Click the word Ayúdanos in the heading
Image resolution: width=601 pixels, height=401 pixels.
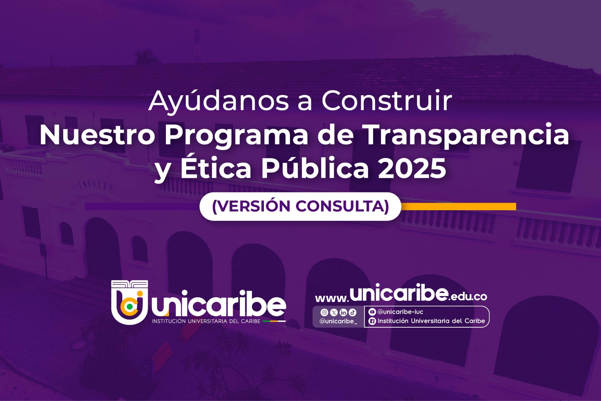(x=218, y=101)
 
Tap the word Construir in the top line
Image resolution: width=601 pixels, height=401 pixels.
(x=387, y=101)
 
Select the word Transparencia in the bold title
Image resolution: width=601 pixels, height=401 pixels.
(x=466, y=135)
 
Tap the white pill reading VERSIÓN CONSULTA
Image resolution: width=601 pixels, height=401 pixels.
(x=300, y=206)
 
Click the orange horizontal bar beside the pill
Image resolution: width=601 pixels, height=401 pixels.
(x=459, y=206)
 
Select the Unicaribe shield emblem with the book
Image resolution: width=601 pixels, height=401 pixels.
(x=130, y=302)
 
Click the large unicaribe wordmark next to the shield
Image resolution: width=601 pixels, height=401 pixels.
(x=219, y=304)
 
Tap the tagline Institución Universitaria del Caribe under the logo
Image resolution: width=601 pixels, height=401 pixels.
(x=206, y=321)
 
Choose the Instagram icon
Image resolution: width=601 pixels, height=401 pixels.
(x=324, y=312)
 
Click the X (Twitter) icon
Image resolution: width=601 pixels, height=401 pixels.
(x=334, y=312)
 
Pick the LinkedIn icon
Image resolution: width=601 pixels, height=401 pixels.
(x=343, y=312)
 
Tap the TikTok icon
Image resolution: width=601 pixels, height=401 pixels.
(x=352, y=312)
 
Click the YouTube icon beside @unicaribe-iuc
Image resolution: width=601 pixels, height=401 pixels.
(x=372, y=312)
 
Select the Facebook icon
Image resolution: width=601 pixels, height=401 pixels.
(x=372, y=321)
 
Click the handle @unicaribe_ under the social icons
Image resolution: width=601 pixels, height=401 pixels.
(x=338, y=321)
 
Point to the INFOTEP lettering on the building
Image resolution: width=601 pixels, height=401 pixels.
(x=95, y=185)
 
